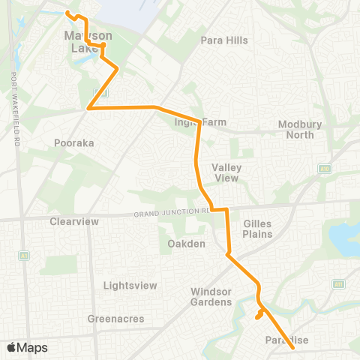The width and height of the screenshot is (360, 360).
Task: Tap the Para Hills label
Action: click(223, 40)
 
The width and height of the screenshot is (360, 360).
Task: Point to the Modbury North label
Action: click(299, 130)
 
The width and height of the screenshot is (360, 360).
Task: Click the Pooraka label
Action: click(73, 142)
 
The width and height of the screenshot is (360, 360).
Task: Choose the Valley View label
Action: click(225, 172)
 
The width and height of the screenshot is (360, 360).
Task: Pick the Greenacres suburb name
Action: click(110, 318)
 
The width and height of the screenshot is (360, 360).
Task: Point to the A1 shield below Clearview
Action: click(23, 255)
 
